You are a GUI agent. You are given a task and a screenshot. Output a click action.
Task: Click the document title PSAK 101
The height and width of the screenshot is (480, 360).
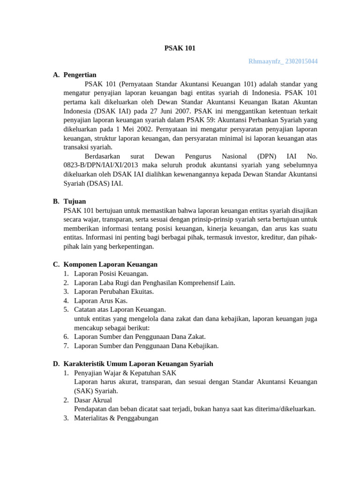(180, 48)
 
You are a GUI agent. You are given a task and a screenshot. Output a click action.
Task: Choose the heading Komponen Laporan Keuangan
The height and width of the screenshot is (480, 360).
(110, 264)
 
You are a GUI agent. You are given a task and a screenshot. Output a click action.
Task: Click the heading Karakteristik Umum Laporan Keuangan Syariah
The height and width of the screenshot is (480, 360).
(138, 363)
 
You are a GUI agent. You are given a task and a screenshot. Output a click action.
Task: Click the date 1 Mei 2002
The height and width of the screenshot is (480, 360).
(128, 128)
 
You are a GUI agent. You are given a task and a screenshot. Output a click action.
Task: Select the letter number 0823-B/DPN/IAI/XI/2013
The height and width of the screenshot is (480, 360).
(99, 165)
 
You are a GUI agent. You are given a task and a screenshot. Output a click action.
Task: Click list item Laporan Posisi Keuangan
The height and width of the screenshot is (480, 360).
(111, 273)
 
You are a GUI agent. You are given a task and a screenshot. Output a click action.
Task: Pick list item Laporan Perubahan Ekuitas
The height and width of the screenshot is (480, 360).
(114, 292)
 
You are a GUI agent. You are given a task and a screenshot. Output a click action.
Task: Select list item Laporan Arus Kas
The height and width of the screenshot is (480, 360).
(101, 300)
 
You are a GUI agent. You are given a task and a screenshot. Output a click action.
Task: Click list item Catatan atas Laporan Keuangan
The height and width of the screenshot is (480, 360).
(120, 309)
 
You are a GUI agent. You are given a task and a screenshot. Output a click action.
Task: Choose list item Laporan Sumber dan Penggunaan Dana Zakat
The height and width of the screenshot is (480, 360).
(140, 337)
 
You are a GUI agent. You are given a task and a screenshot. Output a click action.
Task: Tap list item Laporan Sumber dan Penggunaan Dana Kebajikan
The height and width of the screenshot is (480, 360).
(146, 346)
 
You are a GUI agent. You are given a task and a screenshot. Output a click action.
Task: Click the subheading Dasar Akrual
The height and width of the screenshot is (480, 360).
(93, 400)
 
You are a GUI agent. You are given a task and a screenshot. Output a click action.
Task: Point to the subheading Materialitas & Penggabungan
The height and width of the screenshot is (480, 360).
(116, 418)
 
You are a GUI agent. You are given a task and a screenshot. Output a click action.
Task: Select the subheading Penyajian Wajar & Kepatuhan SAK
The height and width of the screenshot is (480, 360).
(124, 373)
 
